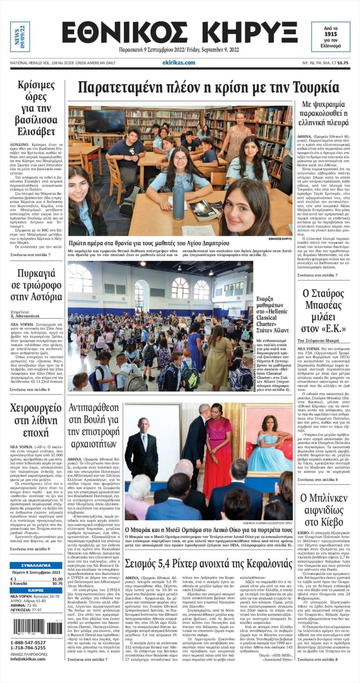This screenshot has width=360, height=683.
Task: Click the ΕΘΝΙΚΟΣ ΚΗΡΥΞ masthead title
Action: (180, 32)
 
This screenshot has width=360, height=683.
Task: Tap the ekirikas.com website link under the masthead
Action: (178, 63)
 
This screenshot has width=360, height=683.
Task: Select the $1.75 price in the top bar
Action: (343, 63)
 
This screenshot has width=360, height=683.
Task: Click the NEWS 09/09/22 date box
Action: (20, 36)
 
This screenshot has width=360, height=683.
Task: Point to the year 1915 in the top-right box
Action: (330, 34)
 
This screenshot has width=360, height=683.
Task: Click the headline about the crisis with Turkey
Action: (208, 88)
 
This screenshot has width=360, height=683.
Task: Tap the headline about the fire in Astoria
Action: (36, 285)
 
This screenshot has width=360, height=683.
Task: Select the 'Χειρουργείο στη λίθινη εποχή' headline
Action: (36, 421)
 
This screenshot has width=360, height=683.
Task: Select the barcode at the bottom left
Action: (36, 627)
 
